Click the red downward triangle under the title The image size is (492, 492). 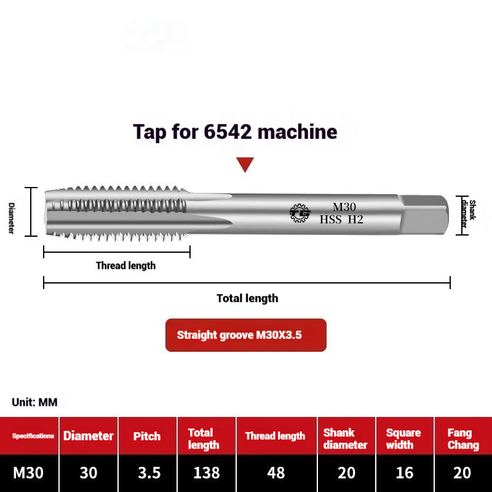(x=245, y=164)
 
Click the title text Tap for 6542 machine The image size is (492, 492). (x=235, y=132)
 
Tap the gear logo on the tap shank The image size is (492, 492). (x=300, y=213)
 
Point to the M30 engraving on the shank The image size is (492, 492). (x=344, y=207)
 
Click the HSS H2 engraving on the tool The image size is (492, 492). (x=341, y=220)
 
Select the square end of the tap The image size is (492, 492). (x=424, y=213)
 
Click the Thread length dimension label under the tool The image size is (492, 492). (x=125, y=266)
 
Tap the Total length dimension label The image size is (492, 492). (x=247, y=298)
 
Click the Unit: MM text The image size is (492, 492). (x=34, y=402)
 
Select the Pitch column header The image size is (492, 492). (x=147, y=436)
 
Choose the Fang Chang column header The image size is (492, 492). (x=462, y=438)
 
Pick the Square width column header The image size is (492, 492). (x=403, y=438)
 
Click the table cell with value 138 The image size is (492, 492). (x=206, y=473)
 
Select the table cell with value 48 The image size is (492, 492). (x=276, y=473)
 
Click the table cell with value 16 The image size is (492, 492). (x=403, y=473)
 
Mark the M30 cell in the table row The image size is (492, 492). (x=28, y=473)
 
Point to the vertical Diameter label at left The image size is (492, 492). (x=11, y=218)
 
